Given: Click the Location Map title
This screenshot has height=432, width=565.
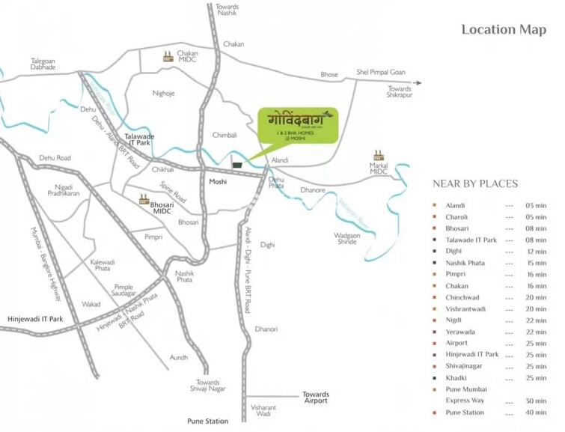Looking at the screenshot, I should click(499, 30).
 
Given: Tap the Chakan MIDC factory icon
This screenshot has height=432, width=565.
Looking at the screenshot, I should click(169, 55).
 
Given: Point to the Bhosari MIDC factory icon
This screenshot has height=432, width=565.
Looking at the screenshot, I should click(144, 199).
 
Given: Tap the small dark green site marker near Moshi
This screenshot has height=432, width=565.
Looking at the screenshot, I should click(237, 165).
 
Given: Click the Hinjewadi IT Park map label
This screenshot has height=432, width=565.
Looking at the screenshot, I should click(35, 320).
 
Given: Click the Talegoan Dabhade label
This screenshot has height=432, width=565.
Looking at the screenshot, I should click(43, 64).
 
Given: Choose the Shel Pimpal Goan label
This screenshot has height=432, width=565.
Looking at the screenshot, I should click(381, 73).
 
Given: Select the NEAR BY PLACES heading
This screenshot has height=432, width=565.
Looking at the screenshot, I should click(475, 183).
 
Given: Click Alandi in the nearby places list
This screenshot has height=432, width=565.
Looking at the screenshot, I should click(456, 205).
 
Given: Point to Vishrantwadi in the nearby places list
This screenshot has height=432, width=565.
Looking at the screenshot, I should click(467, 308).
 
